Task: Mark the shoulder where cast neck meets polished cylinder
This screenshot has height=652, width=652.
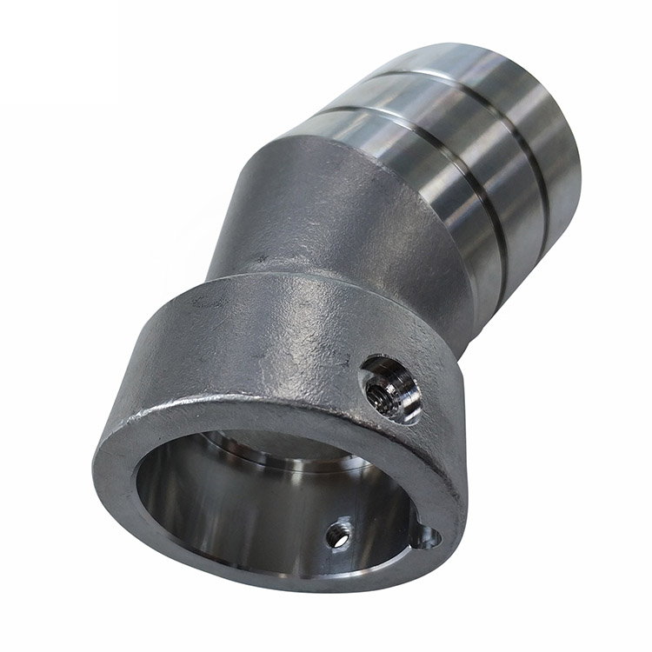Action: pos(348,139)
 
